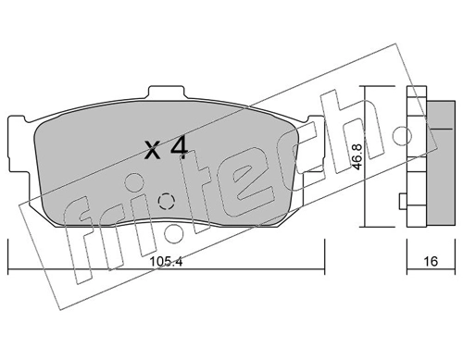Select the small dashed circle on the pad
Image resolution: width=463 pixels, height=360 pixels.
(x=167, y=202)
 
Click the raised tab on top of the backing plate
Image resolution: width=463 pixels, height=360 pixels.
(x=168, y=93)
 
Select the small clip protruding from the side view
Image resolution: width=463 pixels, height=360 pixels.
(x=400, y=201)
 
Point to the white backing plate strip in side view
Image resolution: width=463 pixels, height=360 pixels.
(x=413, y=157)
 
